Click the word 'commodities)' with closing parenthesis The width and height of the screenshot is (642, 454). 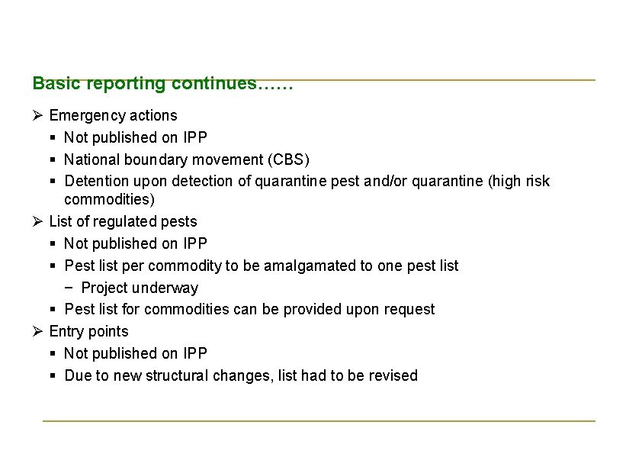(x=109, y=200)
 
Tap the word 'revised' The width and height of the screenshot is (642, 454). (x=393, y=375)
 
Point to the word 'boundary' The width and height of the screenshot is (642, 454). (x=147, y=159)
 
